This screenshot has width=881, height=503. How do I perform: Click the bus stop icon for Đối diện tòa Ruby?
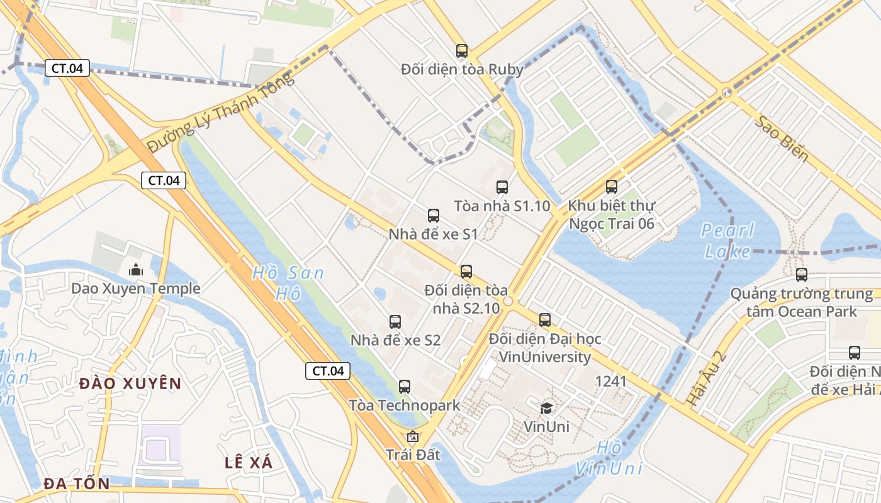tap(462, 51)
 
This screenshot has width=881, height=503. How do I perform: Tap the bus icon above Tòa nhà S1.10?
tap(502, 187)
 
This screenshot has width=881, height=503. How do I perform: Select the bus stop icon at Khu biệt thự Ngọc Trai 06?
tap(611, 187)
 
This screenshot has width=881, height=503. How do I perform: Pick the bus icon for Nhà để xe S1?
tap(434, 216)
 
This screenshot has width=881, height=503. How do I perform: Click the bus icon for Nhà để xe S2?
tap(395, 322)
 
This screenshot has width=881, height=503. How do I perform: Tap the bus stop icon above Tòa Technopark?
tap(405, 387)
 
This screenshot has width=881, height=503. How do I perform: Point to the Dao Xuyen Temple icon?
tap(135, 270)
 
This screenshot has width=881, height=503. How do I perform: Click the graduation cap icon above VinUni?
tap(546, 409)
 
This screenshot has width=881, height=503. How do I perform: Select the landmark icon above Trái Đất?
tap(413, 436)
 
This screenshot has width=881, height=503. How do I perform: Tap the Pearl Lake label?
tap(728, 241)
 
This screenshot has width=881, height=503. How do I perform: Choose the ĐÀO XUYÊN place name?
tap(130, 384)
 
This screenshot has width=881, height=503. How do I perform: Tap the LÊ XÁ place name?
tap(249, 463)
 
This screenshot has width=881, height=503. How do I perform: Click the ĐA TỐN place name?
tap(77, 484)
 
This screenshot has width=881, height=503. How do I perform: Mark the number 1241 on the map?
tap(610, 380)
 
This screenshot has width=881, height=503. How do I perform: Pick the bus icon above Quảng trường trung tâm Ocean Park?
tap(801, 275)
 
